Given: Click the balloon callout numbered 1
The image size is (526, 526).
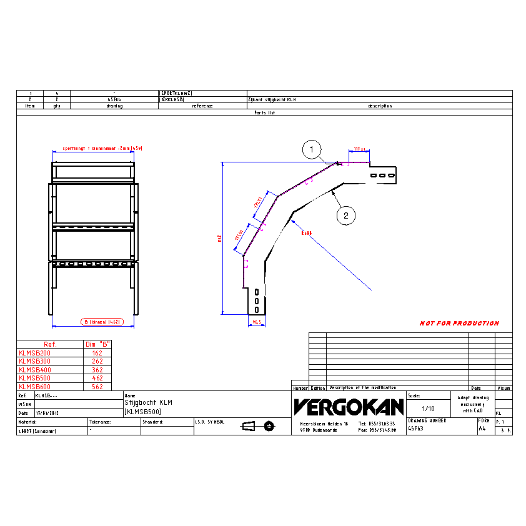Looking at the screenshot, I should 312,149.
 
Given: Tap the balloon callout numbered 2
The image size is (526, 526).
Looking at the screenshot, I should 345,216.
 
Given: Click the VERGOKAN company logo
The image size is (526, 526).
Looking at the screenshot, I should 349,407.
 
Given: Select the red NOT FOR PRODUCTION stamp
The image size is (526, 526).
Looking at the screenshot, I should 459,323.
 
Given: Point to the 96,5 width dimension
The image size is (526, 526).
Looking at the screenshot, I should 256,322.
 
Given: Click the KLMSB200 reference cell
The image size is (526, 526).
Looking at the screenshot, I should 35,353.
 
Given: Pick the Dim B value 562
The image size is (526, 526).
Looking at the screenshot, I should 97,387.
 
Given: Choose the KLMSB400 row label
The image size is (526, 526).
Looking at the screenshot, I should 35,370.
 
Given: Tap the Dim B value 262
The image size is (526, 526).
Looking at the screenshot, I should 97,361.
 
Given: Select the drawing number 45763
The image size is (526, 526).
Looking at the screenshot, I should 416,429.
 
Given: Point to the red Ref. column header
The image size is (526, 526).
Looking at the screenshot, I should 50,344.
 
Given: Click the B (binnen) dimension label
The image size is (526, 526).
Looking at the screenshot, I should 100,322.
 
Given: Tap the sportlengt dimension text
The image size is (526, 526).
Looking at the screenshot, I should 102,148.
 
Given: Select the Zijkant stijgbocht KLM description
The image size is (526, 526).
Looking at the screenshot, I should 272,99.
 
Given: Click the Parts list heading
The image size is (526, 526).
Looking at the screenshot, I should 264,112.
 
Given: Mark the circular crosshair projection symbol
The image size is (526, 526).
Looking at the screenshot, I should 269,426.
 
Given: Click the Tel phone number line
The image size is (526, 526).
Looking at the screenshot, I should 377,423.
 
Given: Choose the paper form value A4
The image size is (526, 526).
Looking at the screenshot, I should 482,429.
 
